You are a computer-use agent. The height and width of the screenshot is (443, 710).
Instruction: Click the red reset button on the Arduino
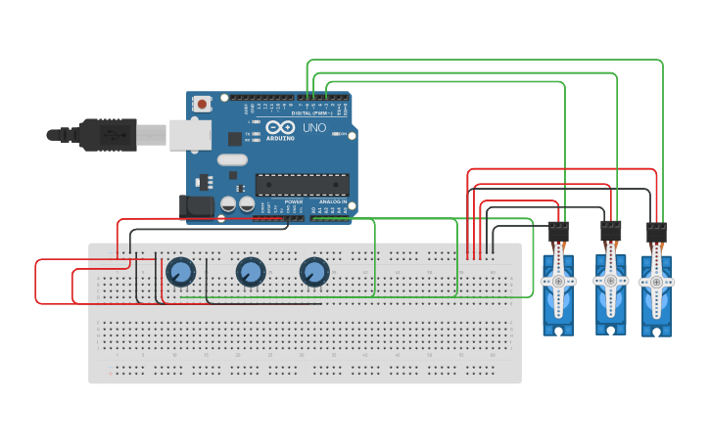point(203,103)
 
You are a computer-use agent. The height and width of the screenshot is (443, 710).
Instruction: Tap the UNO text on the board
point(313,128)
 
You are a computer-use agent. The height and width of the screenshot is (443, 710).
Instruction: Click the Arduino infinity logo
point(280,128)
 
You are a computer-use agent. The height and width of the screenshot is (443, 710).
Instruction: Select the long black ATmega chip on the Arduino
point(302,184)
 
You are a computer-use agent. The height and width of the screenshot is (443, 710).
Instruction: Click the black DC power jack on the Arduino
point(196,205)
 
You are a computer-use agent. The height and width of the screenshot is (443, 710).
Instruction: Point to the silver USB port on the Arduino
point(190,135)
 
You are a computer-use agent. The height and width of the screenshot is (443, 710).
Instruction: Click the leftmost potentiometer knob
point(181,272)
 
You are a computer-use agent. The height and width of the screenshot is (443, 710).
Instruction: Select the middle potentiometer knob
point(250,271)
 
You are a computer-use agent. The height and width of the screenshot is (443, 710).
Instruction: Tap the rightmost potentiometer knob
point(314,271)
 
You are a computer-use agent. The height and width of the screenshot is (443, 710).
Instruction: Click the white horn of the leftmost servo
point(558,281)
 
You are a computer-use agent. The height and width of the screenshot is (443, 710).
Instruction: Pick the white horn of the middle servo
point(610,281)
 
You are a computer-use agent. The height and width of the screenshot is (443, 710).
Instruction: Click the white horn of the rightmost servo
point(656,282)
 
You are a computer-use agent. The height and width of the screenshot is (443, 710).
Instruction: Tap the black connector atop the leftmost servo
point(558,233)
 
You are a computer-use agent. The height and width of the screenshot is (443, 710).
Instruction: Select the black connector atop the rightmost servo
point(656,233)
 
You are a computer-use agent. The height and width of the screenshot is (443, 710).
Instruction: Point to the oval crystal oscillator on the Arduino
point(232,159)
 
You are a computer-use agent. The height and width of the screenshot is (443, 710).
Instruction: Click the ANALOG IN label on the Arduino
point(332,201)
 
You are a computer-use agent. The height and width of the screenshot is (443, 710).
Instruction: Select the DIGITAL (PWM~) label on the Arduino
point(312,112)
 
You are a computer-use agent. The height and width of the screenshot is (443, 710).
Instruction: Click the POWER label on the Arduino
point(293,201)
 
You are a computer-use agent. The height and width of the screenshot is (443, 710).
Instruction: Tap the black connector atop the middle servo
point(610,232)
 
